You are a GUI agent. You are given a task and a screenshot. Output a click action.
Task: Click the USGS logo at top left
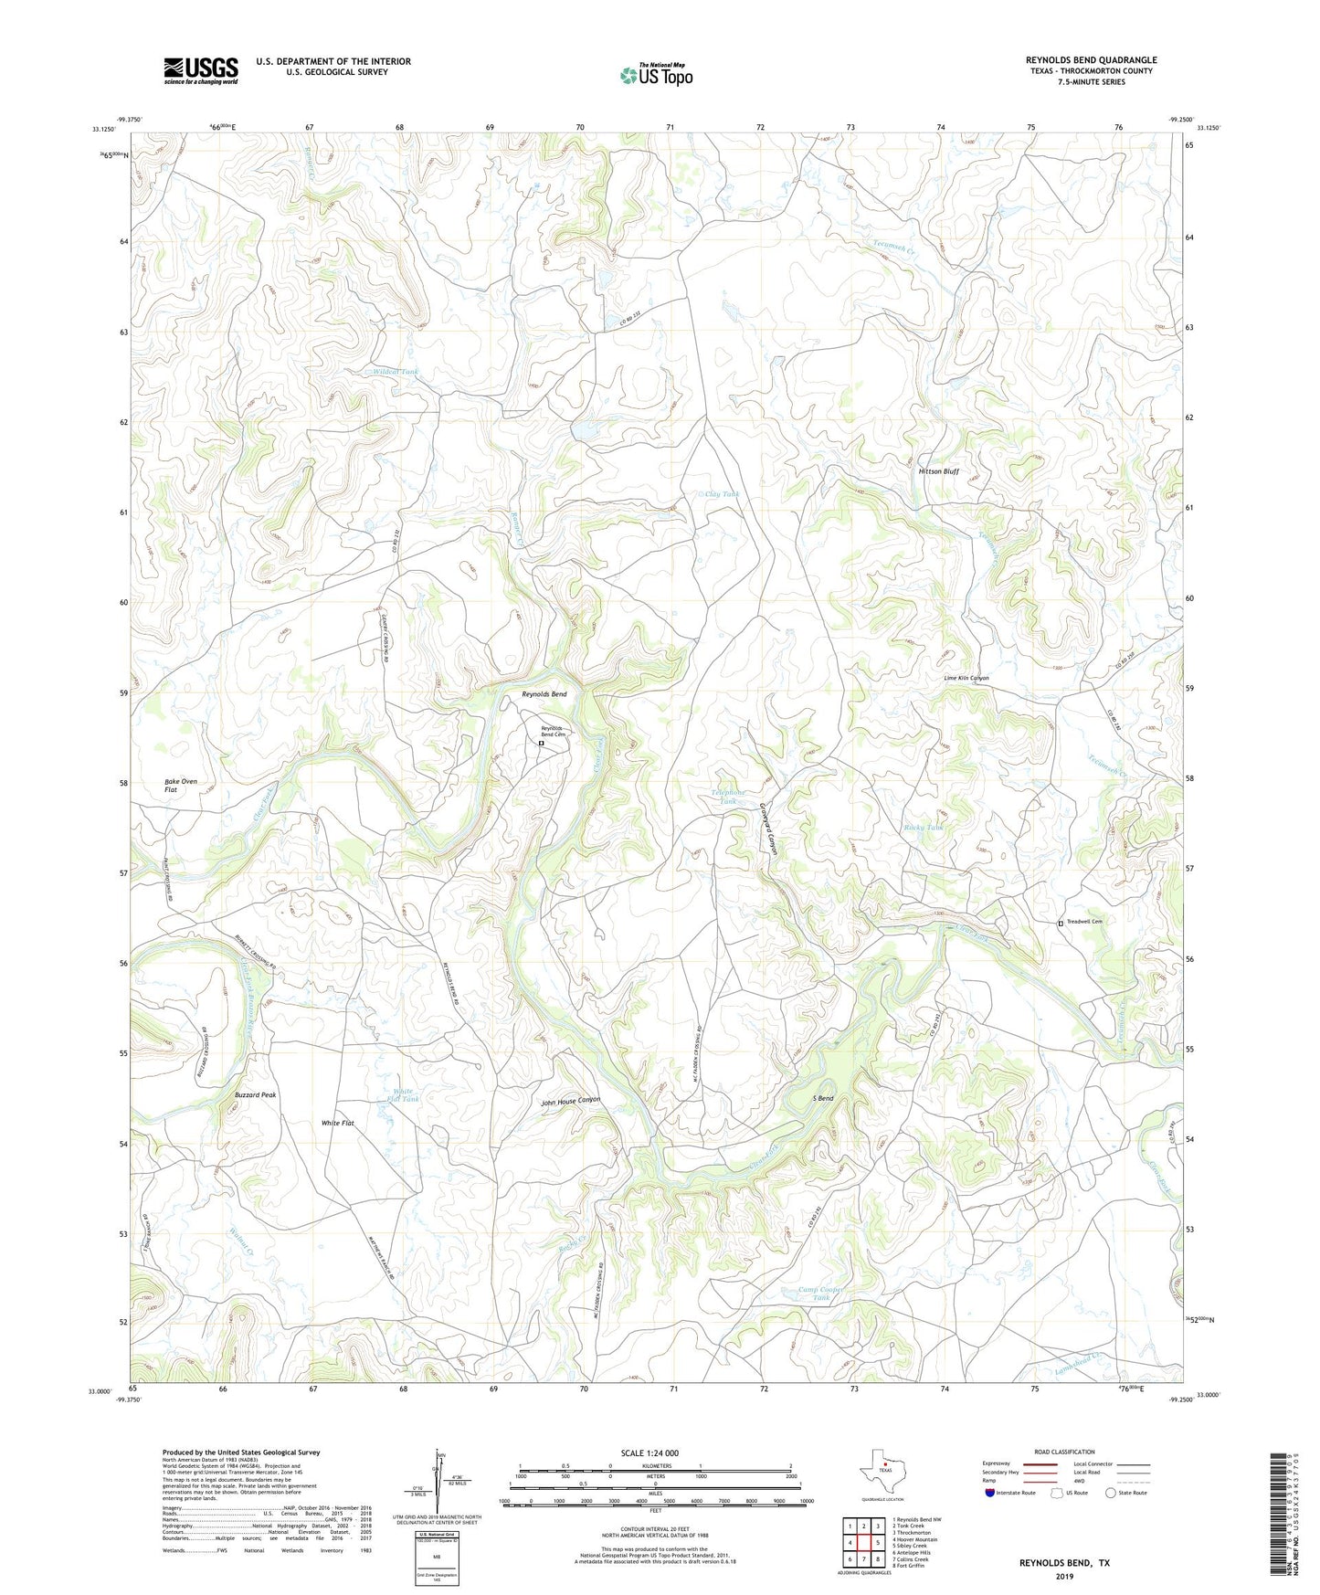pyautogui.click(x=201, y=70)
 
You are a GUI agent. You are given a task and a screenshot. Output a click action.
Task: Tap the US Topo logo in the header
pyautogui.click(x=656, y=75)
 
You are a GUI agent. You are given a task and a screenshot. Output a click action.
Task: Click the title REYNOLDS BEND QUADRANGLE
pyautogui.click(x=1091, y=60)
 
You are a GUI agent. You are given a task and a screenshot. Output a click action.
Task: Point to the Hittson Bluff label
pyautogui.click(x=938, y=471)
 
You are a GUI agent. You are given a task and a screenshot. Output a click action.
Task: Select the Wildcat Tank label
pyautogui.click(x=396, y=372)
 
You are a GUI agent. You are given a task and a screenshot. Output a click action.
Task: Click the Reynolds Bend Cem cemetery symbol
pyautogui.click(x=541, y=744)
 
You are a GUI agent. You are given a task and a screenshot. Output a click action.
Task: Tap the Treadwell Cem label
pyautogui.click(x=1085, y=922)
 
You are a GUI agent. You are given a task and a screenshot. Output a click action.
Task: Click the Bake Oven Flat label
pyautogui.click(x=181, y=786)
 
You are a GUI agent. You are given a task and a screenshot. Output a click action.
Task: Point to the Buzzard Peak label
pyautogui.click(x=255, y=1094)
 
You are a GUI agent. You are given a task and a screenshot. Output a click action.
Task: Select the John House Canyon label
pyautogui.click(x=571, y=1102)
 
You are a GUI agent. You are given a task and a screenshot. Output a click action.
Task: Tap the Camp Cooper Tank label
pyautogui.click(x=820, y=1294)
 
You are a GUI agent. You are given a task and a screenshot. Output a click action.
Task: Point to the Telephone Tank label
pyautogui.click(x=728, y=797)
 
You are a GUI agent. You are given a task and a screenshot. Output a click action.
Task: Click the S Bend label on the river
pyautogui.click(x=823, y=1098)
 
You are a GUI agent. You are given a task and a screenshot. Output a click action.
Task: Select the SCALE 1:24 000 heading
pyautogui.click(x=649, y=1453)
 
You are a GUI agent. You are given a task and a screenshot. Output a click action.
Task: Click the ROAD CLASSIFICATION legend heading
pyautogui.click(x=1064, y=1452)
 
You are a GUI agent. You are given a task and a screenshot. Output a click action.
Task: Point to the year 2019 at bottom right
pyautogui.click(x=1064, y=1576)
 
